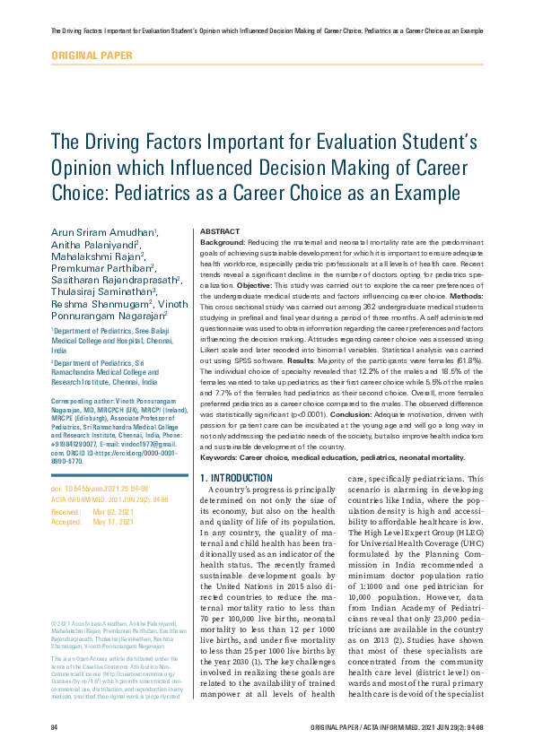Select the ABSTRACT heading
click(x=219, y=231)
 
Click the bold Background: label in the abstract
click(x=223, y=242)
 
